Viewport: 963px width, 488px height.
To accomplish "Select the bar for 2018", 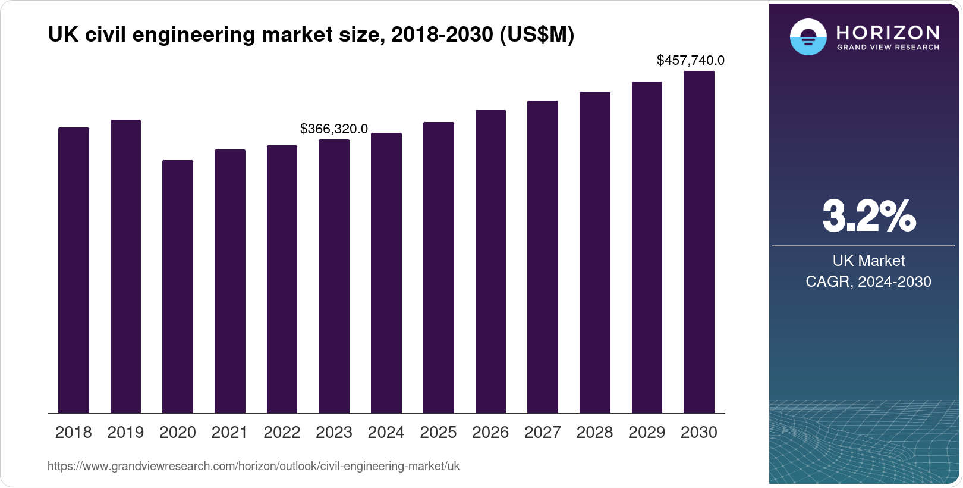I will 74,270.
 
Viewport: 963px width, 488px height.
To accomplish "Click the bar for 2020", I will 178,286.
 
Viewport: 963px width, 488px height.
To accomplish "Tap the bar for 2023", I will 334,276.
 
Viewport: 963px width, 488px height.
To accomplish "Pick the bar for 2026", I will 490,261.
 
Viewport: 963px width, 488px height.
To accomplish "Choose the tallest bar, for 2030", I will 699,242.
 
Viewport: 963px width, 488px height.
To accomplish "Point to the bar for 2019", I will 125,266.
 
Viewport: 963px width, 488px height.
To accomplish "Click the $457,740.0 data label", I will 690,60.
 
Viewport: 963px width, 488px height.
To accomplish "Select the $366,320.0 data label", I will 334,129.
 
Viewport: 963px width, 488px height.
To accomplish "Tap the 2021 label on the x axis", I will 229,432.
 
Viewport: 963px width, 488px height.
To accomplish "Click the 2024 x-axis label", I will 386,432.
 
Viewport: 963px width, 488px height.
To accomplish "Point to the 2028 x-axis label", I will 594,432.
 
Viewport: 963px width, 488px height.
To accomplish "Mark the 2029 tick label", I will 647,432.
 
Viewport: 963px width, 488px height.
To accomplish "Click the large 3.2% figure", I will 868,217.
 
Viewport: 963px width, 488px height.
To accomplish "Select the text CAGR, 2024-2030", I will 868,281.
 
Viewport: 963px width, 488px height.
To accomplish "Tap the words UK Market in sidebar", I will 868,261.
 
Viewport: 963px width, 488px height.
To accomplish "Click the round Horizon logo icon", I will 808,37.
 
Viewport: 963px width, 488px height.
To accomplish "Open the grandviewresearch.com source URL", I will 253,466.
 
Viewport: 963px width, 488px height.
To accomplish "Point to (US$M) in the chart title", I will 537,35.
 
